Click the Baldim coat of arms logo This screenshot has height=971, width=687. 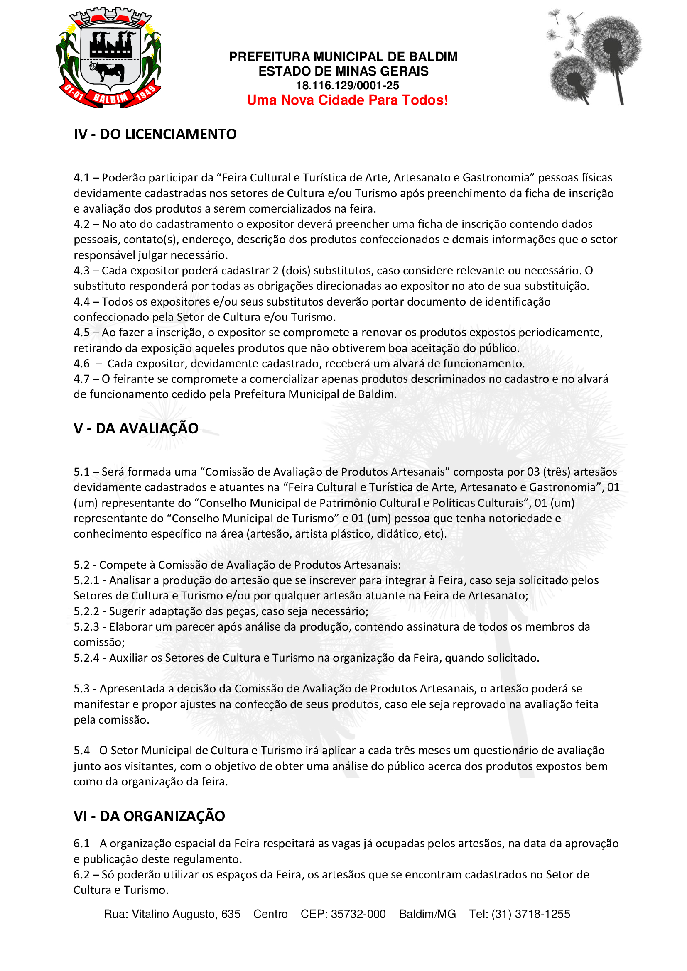point(108,58)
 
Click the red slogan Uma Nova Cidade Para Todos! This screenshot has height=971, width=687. point(347,100)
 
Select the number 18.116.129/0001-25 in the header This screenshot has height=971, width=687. point(347,86)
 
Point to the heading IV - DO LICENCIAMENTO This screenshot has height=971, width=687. point(155,134)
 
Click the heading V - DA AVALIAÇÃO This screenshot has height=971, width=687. point(136,428)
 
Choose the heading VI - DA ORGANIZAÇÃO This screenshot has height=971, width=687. point(149,816)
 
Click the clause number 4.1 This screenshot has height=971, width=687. point(81,178)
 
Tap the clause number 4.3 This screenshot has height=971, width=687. point(81,271)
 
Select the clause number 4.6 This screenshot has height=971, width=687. point(81,364)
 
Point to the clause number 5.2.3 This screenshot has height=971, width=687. point(86,627)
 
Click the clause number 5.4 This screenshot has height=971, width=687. point(81,751)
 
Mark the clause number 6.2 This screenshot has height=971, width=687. point(81,875)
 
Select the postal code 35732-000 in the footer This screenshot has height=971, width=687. point(358,914)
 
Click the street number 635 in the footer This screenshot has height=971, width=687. point(231,914)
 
